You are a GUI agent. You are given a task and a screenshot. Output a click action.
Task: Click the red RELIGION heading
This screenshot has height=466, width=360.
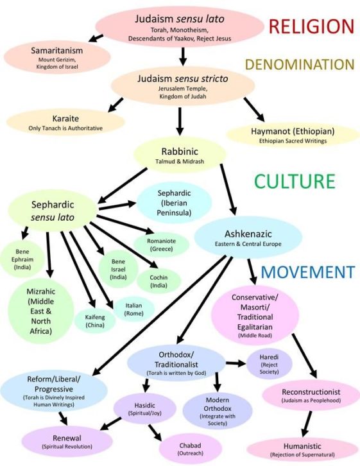(x=311, y=26)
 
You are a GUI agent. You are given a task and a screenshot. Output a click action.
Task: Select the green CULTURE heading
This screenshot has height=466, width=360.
(x=295, y=181)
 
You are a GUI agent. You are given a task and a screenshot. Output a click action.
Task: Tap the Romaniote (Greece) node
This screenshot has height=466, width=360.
(x=162, y=244)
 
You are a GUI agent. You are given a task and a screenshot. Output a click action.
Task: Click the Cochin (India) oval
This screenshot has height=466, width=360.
(x=159, y=280)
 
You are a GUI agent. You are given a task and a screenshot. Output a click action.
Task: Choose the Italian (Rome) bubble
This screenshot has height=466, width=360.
(x=133, y=309)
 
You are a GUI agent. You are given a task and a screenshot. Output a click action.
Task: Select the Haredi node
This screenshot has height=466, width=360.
(x=270, y=364)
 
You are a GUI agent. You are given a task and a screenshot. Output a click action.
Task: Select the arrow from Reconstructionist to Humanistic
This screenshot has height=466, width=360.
(x=307, y=420)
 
